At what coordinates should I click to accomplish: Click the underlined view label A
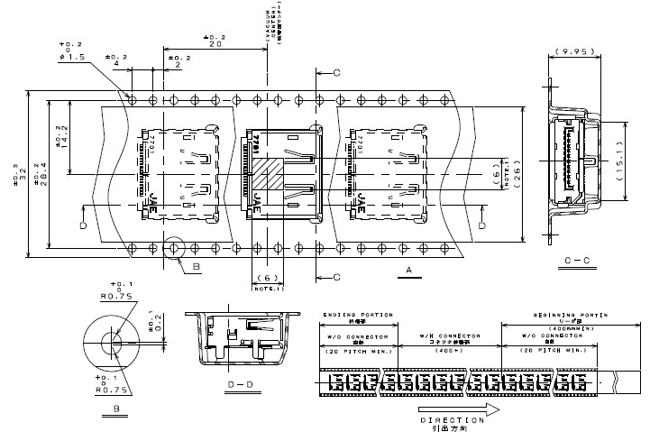pyautogui.click(x=408, y=271)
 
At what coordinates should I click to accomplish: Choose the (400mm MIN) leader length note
pyautogui.click(x=564, y=328)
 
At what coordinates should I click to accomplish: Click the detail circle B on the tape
pyautogui.click(x=173, y=247)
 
